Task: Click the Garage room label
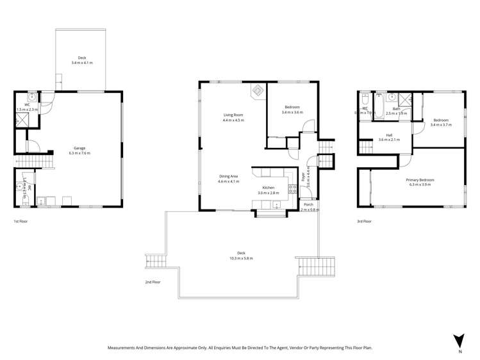(x=79, y=148)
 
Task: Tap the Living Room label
(x=233, y=115)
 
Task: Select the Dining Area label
(x=229, y=176)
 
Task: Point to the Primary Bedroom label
(x=420, y=180)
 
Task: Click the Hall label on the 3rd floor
(x=389, y=135)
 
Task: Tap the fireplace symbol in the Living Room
(x=258, y=91)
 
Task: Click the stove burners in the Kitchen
(x=292, y=189)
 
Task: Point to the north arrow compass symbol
(x=458, y=340)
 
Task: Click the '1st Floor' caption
(x=21, y=221)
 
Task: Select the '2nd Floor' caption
(x=153, y=282)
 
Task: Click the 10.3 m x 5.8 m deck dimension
(x=241, y=258)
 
